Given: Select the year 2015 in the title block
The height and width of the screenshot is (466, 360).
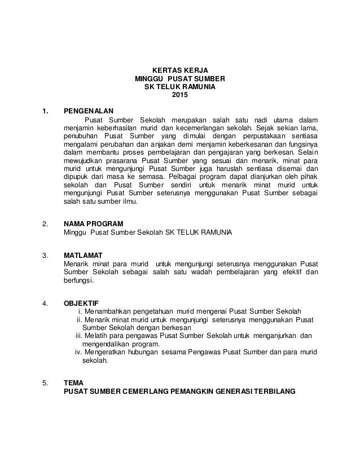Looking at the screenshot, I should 179,94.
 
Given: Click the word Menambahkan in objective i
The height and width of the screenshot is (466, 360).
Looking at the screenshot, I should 110,311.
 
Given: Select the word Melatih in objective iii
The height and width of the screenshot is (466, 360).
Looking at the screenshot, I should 98,335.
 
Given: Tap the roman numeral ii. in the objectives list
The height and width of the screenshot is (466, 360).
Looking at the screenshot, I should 80,319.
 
